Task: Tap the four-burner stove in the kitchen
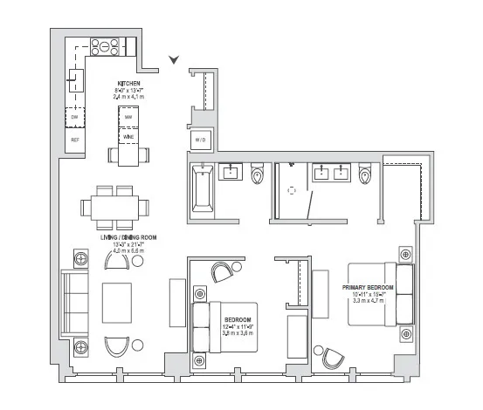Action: coord(105,47)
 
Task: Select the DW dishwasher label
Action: coord(74,116)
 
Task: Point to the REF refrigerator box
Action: coord(74,140)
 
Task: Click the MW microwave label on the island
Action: coord(128,117)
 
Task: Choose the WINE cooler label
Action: coord(128,137)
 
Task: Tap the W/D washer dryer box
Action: coord(200,140)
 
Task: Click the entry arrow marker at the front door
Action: coord(176,59)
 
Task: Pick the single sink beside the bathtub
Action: coord(232,172)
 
